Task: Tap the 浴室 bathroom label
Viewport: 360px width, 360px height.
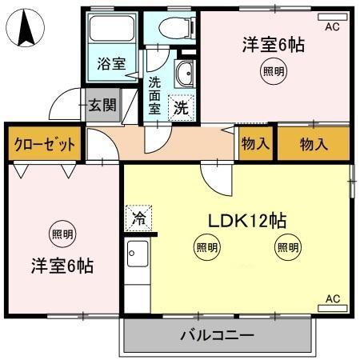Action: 110,64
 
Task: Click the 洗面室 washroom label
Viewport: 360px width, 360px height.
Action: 154,95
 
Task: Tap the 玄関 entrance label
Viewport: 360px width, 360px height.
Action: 102,104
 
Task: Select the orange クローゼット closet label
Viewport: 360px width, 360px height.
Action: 45,144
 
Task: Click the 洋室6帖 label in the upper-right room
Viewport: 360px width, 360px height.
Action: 274,44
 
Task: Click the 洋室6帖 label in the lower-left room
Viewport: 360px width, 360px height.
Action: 63,265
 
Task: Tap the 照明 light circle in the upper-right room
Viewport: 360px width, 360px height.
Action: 273,71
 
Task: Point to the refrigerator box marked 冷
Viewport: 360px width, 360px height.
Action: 138,217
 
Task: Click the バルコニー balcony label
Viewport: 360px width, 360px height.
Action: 217,335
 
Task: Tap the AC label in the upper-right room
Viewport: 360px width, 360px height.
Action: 331,26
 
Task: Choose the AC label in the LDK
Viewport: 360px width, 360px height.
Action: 332,298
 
